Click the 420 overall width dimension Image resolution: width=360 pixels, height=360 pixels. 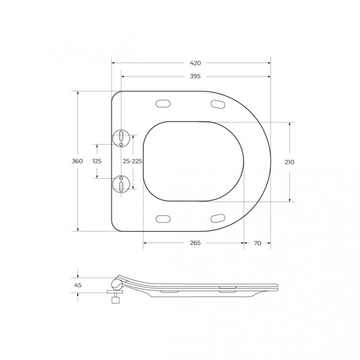pyautogui.click(x=195, y=63)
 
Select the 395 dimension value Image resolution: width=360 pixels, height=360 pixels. pyautogui.click(x=195, y=76)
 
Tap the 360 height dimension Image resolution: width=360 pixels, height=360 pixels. pyautogui.click(x=77, y=161)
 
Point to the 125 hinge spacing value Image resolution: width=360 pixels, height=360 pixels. pyautogui.click(x=97, y=161)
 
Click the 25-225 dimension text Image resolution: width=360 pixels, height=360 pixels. pyautogui.click(x=132, y=161)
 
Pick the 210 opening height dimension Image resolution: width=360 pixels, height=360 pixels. pyautogui.click(x=289, y=162)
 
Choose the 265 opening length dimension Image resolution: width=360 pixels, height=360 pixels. pyautogui.click(x=195, y=243)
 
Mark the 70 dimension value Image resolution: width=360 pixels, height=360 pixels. pyautogui.click(x=257, y=243)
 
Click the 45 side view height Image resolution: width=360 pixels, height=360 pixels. pyautogui.click(x=78, y=285)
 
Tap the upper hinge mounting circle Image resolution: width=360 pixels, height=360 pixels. pyautogui.click(x=121, y=138)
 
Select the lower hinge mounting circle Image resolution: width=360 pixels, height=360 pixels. pyautogui.click(x=121, y=184)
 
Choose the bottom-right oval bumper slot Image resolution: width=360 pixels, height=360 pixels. pyautogui.click(x=218, y=218)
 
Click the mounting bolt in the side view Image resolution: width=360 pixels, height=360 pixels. pyautogui.click(x=115, y=297)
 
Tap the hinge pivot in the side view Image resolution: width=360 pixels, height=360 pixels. pyautogui.click(x=117, y=284)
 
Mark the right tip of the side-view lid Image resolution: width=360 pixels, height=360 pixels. pyautogui.click(x=276, y=287)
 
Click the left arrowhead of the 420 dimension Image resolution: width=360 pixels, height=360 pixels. pyautogui.click(x=113, y=63)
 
